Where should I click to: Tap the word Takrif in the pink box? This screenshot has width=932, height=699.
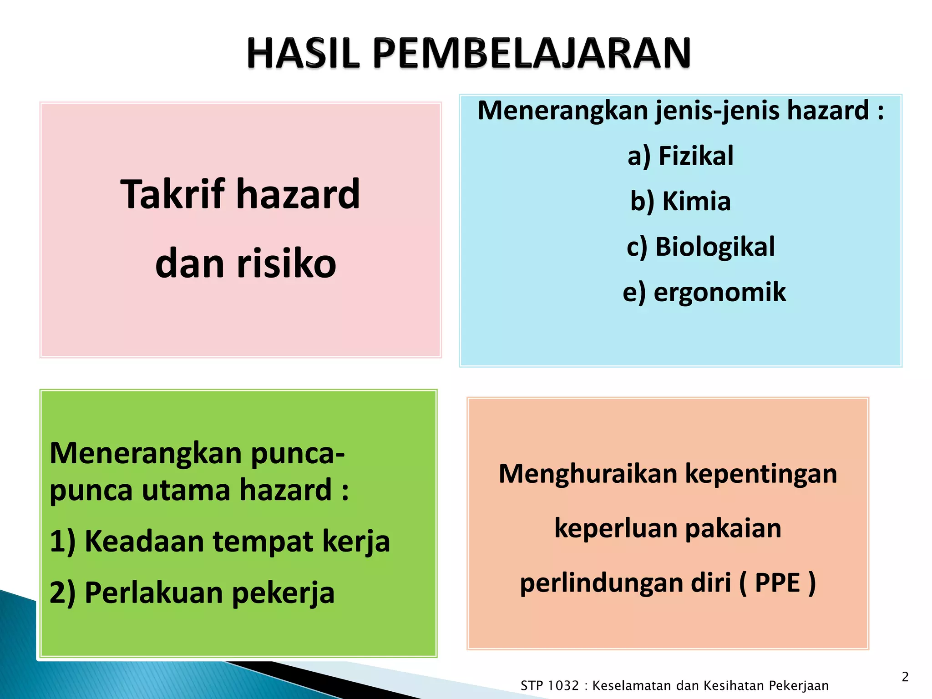tap(173, 194)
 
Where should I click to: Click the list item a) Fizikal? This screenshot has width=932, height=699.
tap(680, 156)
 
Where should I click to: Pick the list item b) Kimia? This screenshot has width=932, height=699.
tap(680, 201)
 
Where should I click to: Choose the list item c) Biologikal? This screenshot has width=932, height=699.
tap(700, 247)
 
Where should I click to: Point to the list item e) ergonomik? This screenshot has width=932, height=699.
tap(704, 292)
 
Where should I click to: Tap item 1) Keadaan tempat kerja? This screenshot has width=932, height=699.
tap(219, 541)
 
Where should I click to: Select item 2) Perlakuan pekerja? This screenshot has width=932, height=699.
tap(192, 593)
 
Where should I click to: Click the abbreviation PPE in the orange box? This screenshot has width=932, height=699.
tap(777, 582)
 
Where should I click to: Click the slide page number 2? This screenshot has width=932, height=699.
tap(905, 677)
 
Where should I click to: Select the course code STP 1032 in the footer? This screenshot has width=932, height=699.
tap(549, 685)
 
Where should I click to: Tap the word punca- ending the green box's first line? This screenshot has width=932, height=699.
tap(298, 454)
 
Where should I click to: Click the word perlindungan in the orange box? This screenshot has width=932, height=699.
tap(602, 583)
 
